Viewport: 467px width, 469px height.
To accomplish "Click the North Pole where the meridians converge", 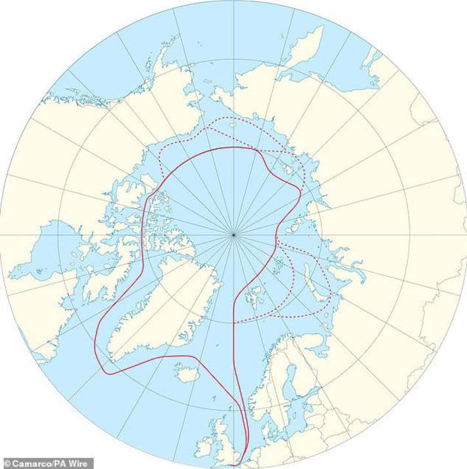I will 234,234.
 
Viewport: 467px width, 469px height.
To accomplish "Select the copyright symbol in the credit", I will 6,463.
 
